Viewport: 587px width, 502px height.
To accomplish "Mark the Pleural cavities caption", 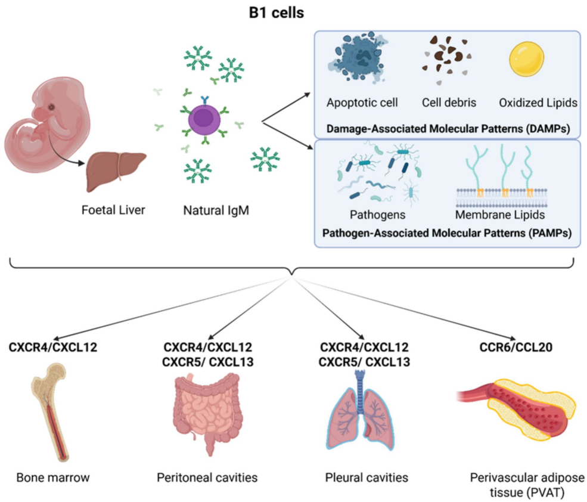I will click(367, 477).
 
